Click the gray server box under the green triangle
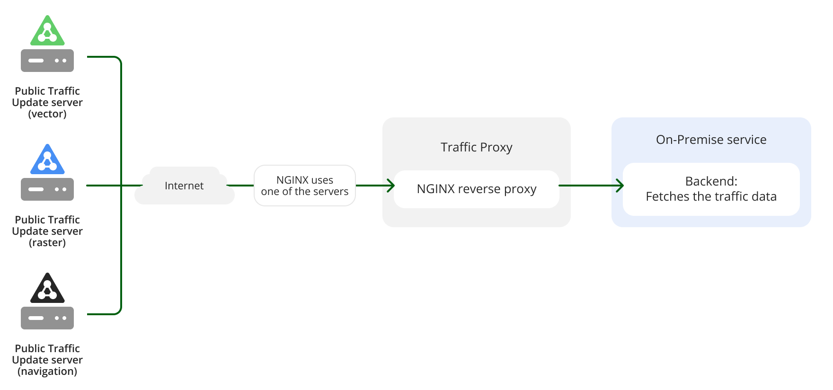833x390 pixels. [47, 61]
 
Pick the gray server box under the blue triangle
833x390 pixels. [47, 189]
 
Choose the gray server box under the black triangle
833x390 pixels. [47, 318]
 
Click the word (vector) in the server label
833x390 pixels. [47, 114]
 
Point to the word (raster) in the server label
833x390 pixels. [47, 243]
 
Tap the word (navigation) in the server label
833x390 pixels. [47, 372]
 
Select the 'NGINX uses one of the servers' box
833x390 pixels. [305, 186]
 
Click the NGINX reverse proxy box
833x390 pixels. [477, 189]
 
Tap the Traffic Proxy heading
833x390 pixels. [477, 147]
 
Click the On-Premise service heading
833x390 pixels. [711, 140]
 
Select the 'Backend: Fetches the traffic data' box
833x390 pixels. [711, 189]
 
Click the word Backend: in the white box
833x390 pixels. [711, 181]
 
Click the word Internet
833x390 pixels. [184, 186]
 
